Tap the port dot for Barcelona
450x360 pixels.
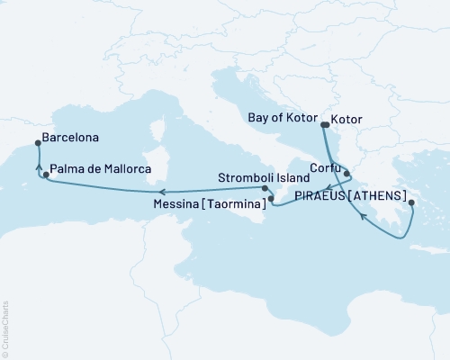coord(37,142)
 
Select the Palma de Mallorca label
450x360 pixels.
coord(100,168)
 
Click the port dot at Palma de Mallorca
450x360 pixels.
coord(47,174)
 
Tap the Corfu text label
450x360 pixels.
coord(323,166)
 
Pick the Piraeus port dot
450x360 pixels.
coord(411,203)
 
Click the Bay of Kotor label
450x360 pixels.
coord(281,116)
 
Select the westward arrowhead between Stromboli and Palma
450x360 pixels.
coord(160,191)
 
